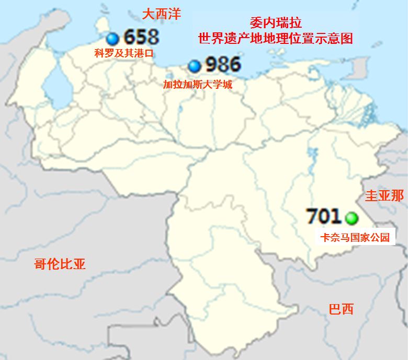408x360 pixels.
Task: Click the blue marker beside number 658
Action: [112, 38]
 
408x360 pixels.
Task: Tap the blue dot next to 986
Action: [195, 66]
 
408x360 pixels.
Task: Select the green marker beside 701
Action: [350, 217]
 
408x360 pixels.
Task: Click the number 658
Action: [141, 38]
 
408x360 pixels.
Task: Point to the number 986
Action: [223, 65]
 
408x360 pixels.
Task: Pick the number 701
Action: [323, 216]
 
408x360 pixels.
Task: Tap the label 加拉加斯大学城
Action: [197, 84]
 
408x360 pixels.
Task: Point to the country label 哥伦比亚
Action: [59, 264]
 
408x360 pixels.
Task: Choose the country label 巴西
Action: [341, 309]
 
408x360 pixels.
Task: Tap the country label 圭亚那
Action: [384, 196]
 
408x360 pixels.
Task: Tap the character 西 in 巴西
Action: [347, 309]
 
